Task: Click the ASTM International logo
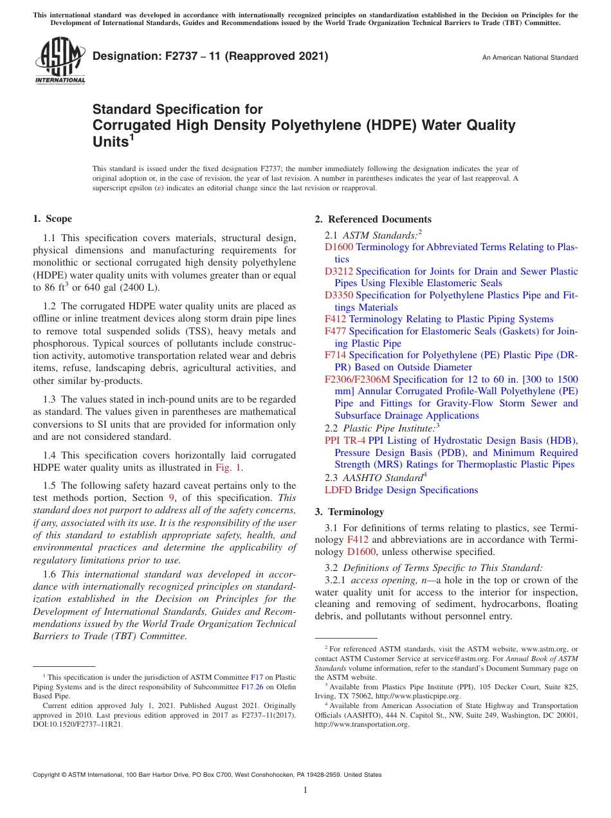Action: pos(59,61)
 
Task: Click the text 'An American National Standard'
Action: pos(530,58)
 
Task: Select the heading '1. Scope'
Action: pos(52,219)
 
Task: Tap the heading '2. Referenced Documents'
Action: pos(373,219)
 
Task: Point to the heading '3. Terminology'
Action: pos(349,512)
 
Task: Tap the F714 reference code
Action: pos(336,355)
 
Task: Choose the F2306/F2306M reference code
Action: pos(358,379)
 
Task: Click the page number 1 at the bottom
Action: pos(305,790)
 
